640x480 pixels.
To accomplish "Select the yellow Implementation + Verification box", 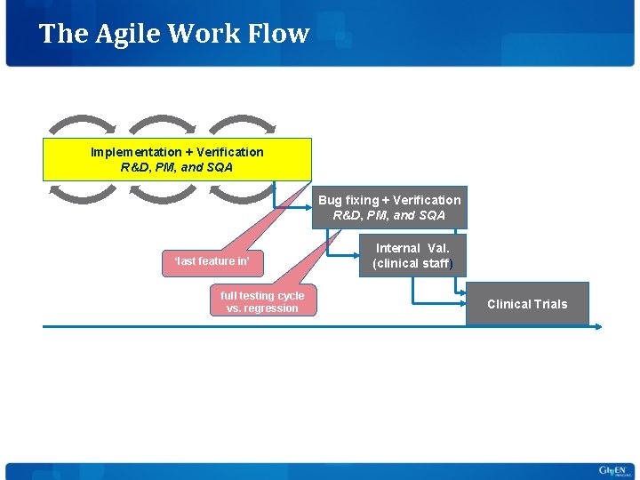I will (177, 159).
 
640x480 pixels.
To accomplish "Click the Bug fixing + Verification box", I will (389, 207).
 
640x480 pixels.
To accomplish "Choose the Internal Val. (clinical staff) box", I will (412, 256).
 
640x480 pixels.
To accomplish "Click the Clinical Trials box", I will (527, 304).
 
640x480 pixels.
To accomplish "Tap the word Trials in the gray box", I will (550, 304).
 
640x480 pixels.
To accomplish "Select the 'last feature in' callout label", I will (212, 261).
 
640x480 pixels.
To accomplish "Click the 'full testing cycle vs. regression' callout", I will (262, 302).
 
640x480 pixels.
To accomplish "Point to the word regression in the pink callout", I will (274, 308).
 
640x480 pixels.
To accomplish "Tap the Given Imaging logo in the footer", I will (612, 470).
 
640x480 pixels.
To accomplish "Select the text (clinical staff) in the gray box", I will (412, 264).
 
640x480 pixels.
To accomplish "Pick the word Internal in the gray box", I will (397, 248).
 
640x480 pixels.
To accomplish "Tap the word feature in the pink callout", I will (216, 261).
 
